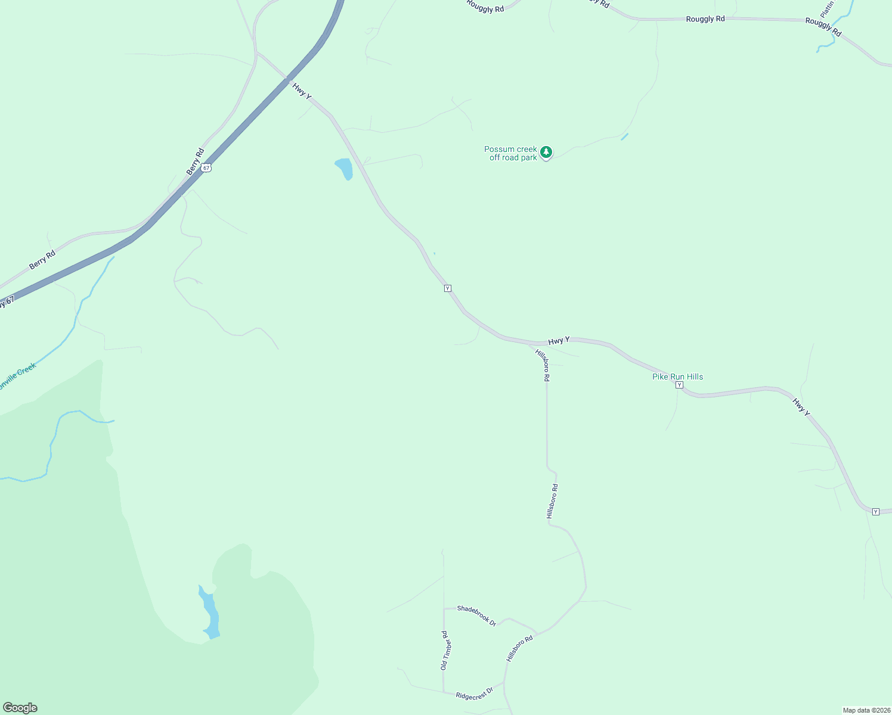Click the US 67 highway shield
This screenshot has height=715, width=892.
(206, 168)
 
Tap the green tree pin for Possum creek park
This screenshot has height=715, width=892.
(546, 153)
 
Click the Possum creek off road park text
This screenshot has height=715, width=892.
(511, 154)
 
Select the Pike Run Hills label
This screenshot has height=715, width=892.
(677, 377)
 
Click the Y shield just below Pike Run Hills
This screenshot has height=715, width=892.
(679, 385)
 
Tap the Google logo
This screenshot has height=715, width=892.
(20, 708)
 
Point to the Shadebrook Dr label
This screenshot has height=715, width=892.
(476, 615)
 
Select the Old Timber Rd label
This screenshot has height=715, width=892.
(444, 650)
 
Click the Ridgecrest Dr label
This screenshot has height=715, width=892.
(475, 695)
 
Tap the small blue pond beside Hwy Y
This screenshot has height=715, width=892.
(344, 168)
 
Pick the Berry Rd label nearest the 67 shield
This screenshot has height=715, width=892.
(195, 161)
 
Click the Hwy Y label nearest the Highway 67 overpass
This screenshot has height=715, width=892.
(302, 91)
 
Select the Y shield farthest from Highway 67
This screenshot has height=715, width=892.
(875, 512)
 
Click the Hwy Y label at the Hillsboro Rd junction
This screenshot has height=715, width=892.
(559, 340)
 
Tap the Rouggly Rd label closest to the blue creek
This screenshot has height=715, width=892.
(823, 27)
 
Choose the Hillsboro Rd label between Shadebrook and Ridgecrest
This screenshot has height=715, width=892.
(519, 648)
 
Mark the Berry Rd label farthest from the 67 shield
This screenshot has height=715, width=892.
(42, 260)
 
